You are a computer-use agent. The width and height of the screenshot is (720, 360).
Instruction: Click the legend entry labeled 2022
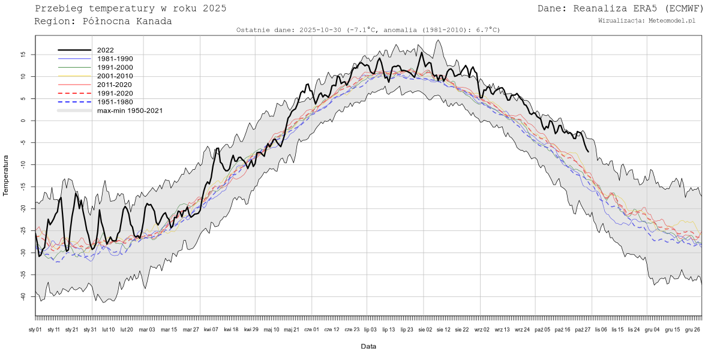click(105, 50)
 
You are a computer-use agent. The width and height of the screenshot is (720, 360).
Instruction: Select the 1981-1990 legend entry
click(115, 59)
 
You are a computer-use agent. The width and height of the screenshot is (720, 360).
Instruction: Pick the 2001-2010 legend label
click(115, 76)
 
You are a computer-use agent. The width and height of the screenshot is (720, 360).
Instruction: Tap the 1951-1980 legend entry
click(115, 102)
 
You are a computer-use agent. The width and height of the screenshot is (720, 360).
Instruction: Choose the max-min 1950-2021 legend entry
click(130, 110)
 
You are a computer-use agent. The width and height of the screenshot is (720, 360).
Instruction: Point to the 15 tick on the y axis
click(23, 54)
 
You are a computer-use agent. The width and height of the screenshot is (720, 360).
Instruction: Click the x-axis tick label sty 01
click(35, 329)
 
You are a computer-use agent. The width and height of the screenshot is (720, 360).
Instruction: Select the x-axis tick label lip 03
click(370, 329)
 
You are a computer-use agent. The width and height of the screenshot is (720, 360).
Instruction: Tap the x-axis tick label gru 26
click(692, 329)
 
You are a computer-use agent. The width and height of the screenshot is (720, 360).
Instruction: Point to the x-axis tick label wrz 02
click(482, 329)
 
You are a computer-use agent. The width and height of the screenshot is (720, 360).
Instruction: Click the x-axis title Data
click(368, 347)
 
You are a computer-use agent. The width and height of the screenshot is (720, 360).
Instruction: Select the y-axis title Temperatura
click(6, 175)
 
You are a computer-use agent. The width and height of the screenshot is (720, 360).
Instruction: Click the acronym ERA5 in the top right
click(645, 8)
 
